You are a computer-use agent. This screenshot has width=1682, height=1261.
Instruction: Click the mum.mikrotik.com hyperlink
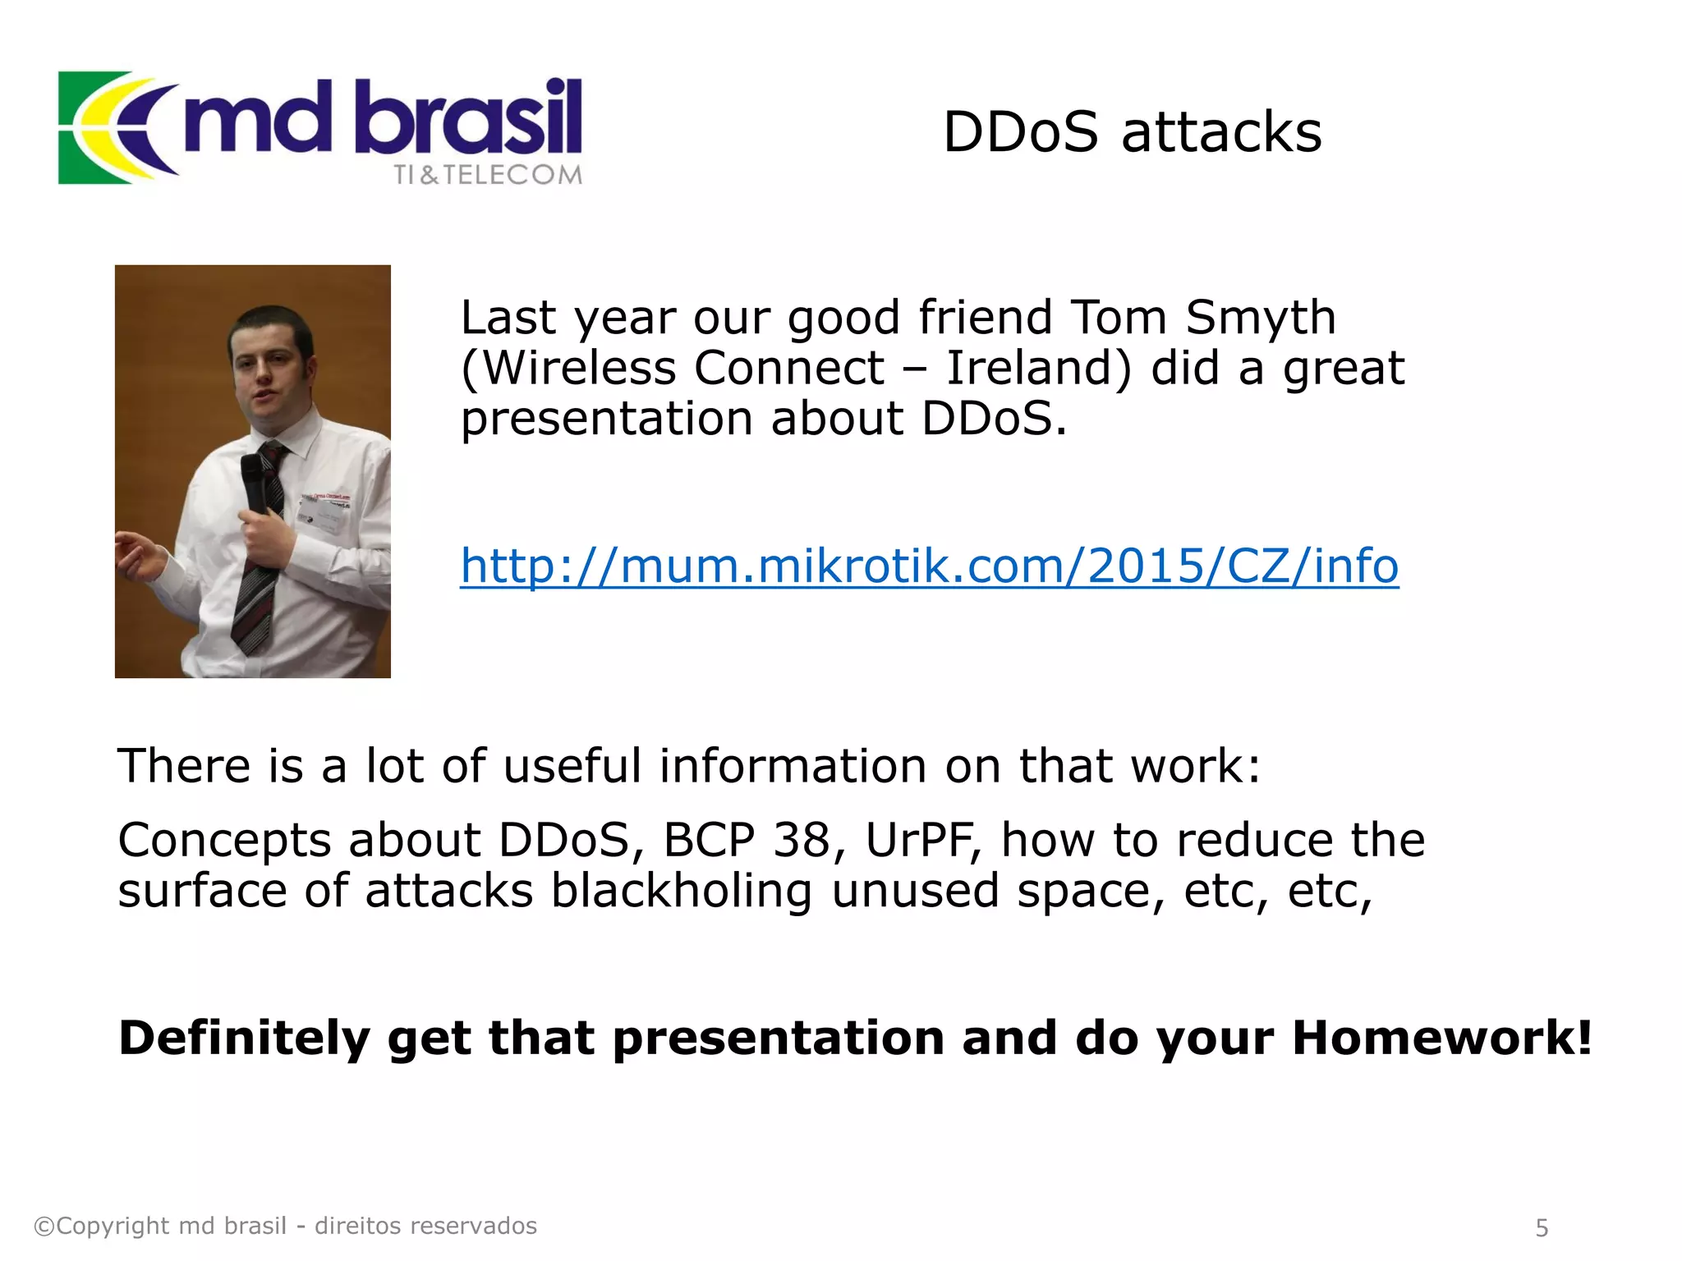pos(928,566)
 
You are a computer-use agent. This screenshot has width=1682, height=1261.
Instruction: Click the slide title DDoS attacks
pos(1132,132)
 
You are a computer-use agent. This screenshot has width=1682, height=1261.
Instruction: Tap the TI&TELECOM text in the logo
pos(487,175)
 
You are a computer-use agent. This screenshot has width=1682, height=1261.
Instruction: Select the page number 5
pos(1542,1227)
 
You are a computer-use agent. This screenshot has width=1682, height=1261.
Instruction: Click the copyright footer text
pos(285,1226)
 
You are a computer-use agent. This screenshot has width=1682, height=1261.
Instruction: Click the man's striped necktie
pos(259,558)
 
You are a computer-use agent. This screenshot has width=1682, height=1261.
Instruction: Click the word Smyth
pos(1260,318)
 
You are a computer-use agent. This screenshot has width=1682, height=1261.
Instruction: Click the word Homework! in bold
pos(1441,1038)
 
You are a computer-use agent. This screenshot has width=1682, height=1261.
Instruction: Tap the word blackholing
pos(681,892)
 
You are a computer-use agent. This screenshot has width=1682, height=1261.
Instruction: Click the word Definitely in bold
pos(244,1038)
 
